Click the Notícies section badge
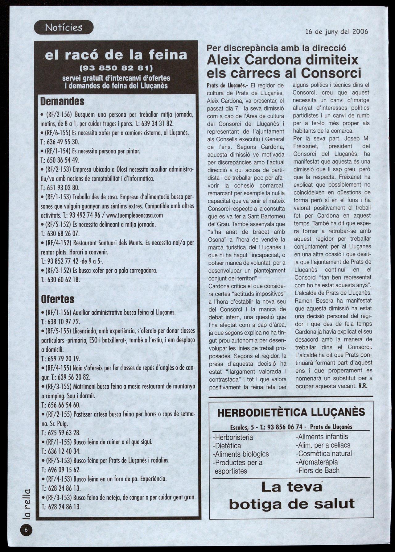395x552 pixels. (64, 27)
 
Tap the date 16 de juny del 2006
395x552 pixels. (336, 31)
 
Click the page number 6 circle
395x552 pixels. (27, 530)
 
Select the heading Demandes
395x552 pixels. (63, 101)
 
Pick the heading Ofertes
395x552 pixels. (58, 299)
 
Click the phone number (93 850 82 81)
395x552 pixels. (116, 68)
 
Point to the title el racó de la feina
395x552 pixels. (116, 55)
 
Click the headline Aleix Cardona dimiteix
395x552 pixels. (282, 60)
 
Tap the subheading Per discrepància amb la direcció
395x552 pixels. (276, 48)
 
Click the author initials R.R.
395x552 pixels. (363, 386)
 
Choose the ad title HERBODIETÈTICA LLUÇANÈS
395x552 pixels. (291, 413)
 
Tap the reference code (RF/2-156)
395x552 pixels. (59, 115)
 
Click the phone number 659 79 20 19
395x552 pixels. (64, 359)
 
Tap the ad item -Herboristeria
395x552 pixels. (233, 437)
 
